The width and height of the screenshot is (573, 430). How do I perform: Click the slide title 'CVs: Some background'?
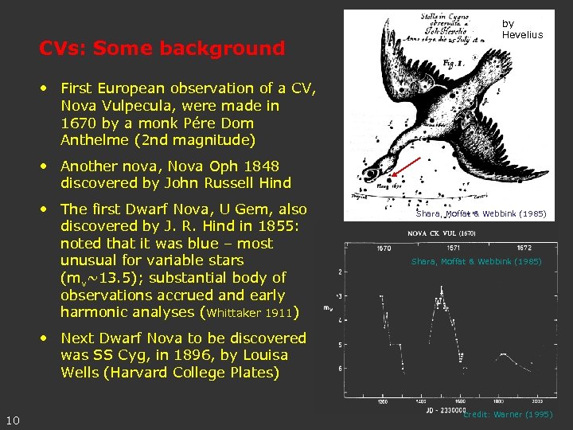[162, 49]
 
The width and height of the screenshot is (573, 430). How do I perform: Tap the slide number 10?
[13, 420]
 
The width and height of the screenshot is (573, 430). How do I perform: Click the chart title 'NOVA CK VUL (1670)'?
[441, 233]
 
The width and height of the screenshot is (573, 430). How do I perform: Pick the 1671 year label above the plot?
[453, 248]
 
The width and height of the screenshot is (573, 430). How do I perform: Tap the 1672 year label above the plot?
[525, 248]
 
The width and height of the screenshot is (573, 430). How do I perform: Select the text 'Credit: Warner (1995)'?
[508, 415]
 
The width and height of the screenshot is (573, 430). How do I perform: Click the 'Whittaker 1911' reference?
[250, 313]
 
